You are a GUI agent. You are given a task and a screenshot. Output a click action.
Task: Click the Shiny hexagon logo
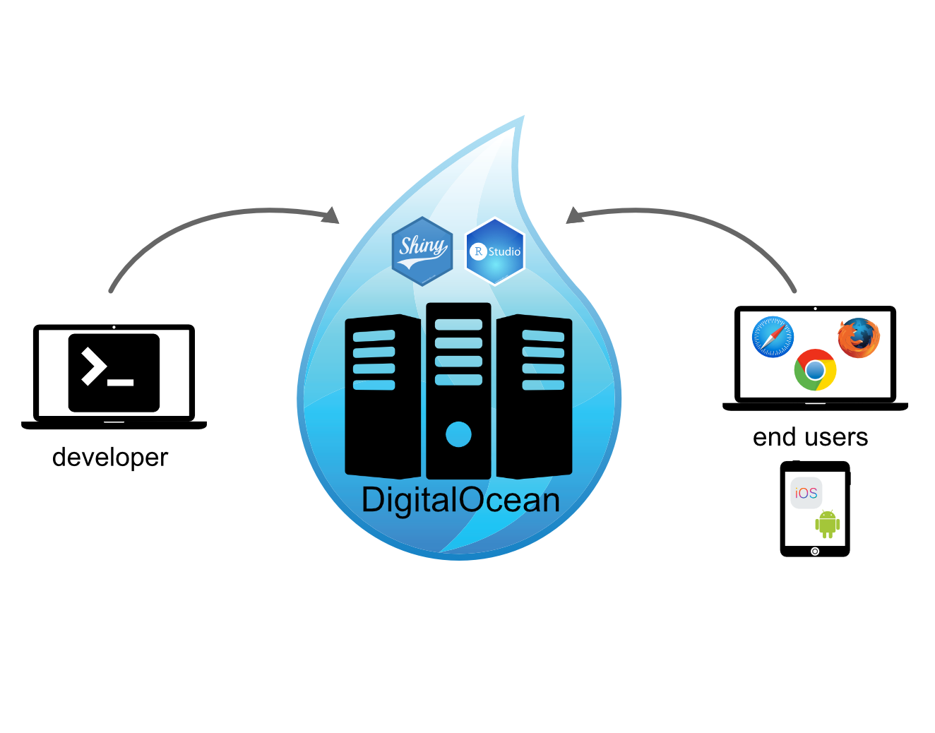pyautogui.click(x=422, y=251)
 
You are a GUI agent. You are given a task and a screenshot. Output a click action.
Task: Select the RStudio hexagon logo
pyautogui.click(x=496, y=251)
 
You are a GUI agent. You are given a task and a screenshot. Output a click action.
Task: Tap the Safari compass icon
pyautogui.click(x=773, y=337)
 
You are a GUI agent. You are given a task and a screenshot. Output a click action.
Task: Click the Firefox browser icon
pyautogui.click(x=859, y=338)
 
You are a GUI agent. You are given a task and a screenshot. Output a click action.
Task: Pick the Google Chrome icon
pyautogui.click(x=815, y=370)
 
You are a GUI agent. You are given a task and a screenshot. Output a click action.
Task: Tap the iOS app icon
pyautogui.click(x=806, y=493)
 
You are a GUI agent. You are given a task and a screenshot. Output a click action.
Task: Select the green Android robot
pyautogui.click(x=827, y=524)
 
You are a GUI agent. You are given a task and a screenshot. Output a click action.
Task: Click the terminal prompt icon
pyautogui.click(x=114, y=373)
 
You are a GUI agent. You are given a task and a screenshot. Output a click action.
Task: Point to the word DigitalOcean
pyautogui.click(x=460, y=500)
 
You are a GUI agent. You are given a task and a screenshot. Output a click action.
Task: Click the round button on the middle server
pyautogui.click(x=458, y=434)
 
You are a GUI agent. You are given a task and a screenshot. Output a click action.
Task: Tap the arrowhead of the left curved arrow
pyautogui.click(x=331, y=215)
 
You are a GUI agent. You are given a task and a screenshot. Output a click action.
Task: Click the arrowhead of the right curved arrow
pyautogui.click(x=574, y=215)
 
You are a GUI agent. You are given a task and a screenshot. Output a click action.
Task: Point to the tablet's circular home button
pyautogui.click(x=815, y=552)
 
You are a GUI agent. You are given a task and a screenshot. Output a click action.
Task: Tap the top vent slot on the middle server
pyautogui.click(x=458, y=325)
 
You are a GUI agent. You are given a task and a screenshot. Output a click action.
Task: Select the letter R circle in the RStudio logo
pyautogui.click(x=478, y=251)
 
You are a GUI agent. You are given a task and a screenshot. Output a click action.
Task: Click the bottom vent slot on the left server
pyautogui.click(x=374, y=385)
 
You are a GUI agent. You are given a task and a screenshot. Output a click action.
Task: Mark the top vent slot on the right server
pyautogui.click(x=543, y=335)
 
